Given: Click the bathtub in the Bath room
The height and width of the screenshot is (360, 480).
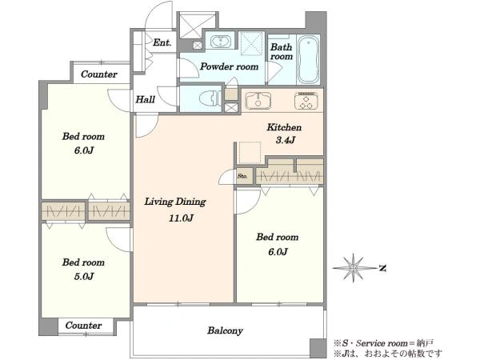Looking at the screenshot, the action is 308,59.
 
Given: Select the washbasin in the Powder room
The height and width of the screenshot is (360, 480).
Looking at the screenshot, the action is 220,42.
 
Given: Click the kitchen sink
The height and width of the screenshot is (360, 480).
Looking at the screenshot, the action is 258,101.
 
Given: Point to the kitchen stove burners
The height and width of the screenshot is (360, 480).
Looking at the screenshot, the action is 306,101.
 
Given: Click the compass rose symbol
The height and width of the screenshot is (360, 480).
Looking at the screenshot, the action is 354,268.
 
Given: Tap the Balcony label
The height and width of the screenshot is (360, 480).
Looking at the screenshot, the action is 225,330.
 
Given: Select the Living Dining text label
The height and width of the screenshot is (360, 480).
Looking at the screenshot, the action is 175,202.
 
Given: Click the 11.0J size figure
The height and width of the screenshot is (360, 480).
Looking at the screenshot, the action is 181,218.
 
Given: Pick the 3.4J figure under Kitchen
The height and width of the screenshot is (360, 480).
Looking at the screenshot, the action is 286,140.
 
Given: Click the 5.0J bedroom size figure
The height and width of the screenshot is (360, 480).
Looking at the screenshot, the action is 84,277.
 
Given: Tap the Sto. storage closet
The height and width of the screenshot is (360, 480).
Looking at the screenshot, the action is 244,176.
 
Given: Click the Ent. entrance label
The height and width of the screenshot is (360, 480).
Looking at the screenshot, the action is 162,42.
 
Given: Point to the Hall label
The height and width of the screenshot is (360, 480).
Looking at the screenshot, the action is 145,99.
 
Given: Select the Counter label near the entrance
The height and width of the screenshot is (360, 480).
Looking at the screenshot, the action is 99,74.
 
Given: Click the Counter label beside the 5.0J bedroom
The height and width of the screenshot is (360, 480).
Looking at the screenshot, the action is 83,325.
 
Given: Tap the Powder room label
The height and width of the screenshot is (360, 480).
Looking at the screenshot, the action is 229,66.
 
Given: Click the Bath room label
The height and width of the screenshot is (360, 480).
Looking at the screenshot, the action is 282,52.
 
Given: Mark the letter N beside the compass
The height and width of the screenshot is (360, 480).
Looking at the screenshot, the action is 382,269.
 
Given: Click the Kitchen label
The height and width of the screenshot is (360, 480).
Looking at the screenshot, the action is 284,127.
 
